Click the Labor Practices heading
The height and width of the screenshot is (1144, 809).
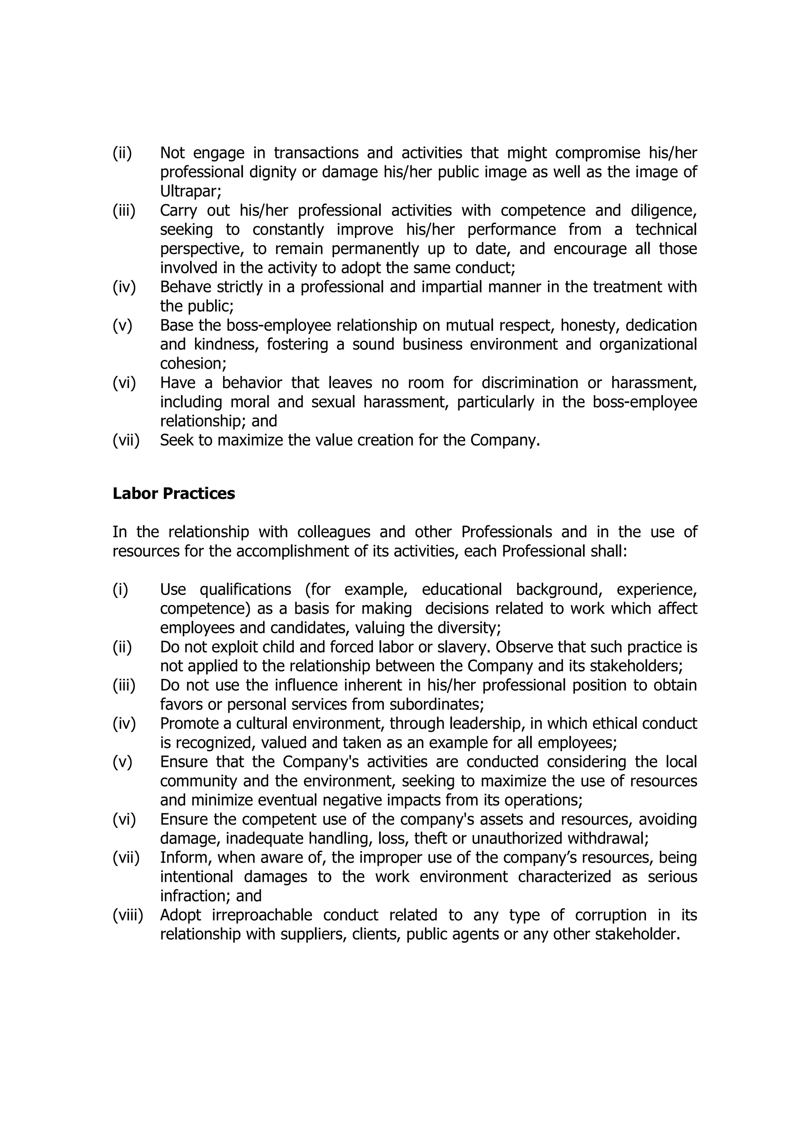173,494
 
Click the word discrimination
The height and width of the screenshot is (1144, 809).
529,383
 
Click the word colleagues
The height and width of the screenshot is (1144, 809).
333,532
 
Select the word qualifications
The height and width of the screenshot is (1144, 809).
245,589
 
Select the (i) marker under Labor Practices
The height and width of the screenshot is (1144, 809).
120,589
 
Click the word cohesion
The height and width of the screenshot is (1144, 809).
192,364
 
